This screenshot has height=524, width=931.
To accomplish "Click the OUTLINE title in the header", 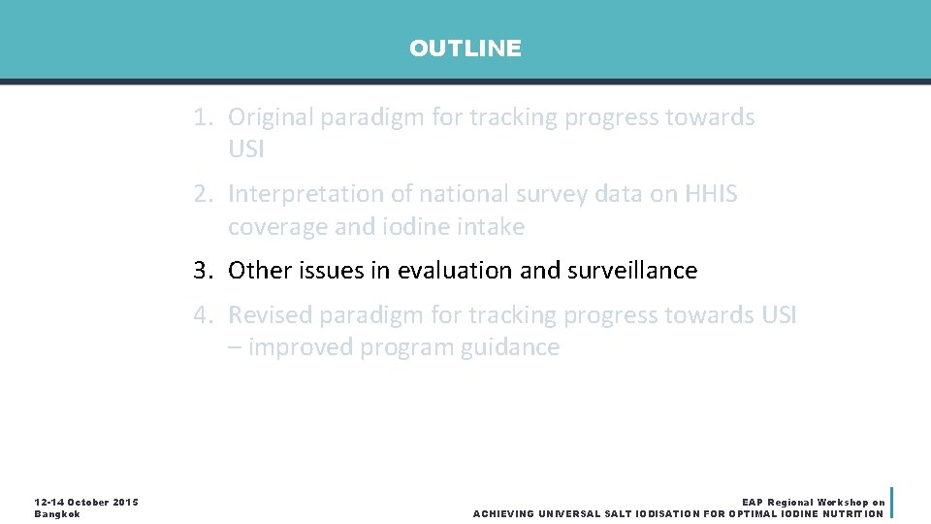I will coord(465,49).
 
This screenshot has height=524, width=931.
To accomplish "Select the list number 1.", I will coord(202,117).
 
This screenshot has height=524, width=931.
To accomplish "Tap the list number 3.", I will coord(202,271).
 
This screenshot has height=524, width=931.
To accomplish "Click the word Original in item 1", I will coord(271,117).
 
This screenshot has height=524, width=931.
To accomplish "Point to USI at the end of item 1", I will coord(246,150).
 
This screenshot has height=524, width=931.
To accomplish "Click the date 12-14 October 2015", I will coord(86,502).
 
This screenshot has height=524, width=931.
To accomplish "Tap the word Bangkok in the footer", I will coord(57,513).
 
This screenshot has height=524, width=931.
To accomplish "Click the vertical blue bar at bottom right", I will coord(891,502).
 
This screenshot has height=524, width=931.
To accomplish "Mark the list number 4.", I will coord(202,314).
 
